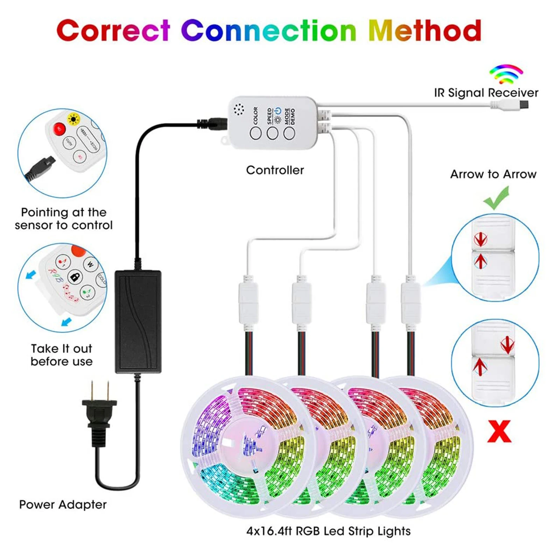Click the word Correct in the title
click(x=113, y=31)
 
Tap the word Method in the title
click(x=425, y=31)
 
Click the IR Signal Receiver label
click(x=486, y=93)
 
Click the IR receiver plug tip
click(x=524, y=104)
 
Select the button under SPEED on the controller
click(x=272, y=133)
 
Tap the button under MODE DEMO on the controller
click(x=289, y=133)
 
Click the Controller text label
click(x=275, y=170)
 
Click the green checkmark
click(x=497, y=198)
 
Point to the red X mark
click(x=499, y=432)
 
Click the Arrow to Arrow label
click(x=493, y=174)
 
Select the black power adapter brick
click(x=138, y=321)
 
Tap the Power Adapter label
click(x=63, y=504)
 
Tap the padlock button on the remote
click(x=75, y=277)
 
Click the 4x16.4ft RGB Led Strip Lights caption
click(x=328, y=531)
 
